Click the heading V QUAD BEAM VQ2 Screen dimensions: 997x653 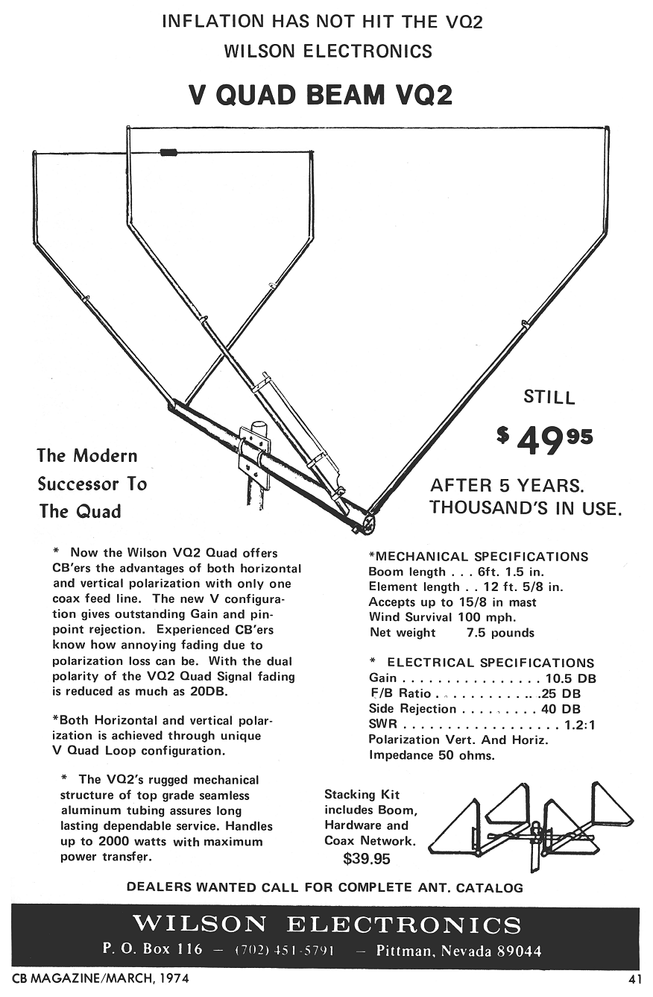[321, 95]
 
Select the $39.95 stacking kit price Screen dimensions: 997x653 [366, 859]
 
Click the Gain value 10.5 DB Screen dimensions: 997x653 [570, 679]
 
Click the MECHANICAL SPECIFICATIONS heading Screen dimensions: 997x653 [478, 557]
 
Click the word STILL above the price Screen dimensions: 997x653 [549, 397]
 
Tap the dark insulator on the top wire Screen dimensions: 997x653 [168, 152]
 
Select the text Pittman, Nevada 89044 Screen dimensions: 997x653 [458, 951]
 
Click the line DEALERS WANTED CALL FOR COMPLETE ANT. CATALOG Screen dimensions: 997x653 [325, 888]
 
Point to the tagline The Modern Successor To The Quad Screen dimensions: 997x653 [92, 484]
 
